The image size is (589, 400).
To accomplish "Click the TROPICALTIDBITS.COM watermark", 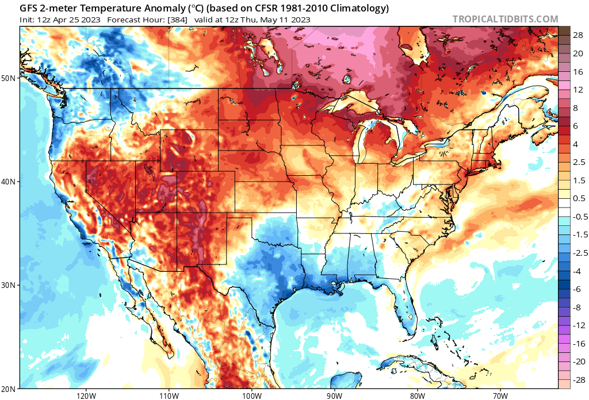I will (x=505, y=19).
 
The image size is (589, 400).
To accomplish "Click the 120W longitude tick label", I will (x=85, y=395).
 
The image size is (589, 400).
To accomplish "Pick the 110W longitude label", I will (x=168, y=395).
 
